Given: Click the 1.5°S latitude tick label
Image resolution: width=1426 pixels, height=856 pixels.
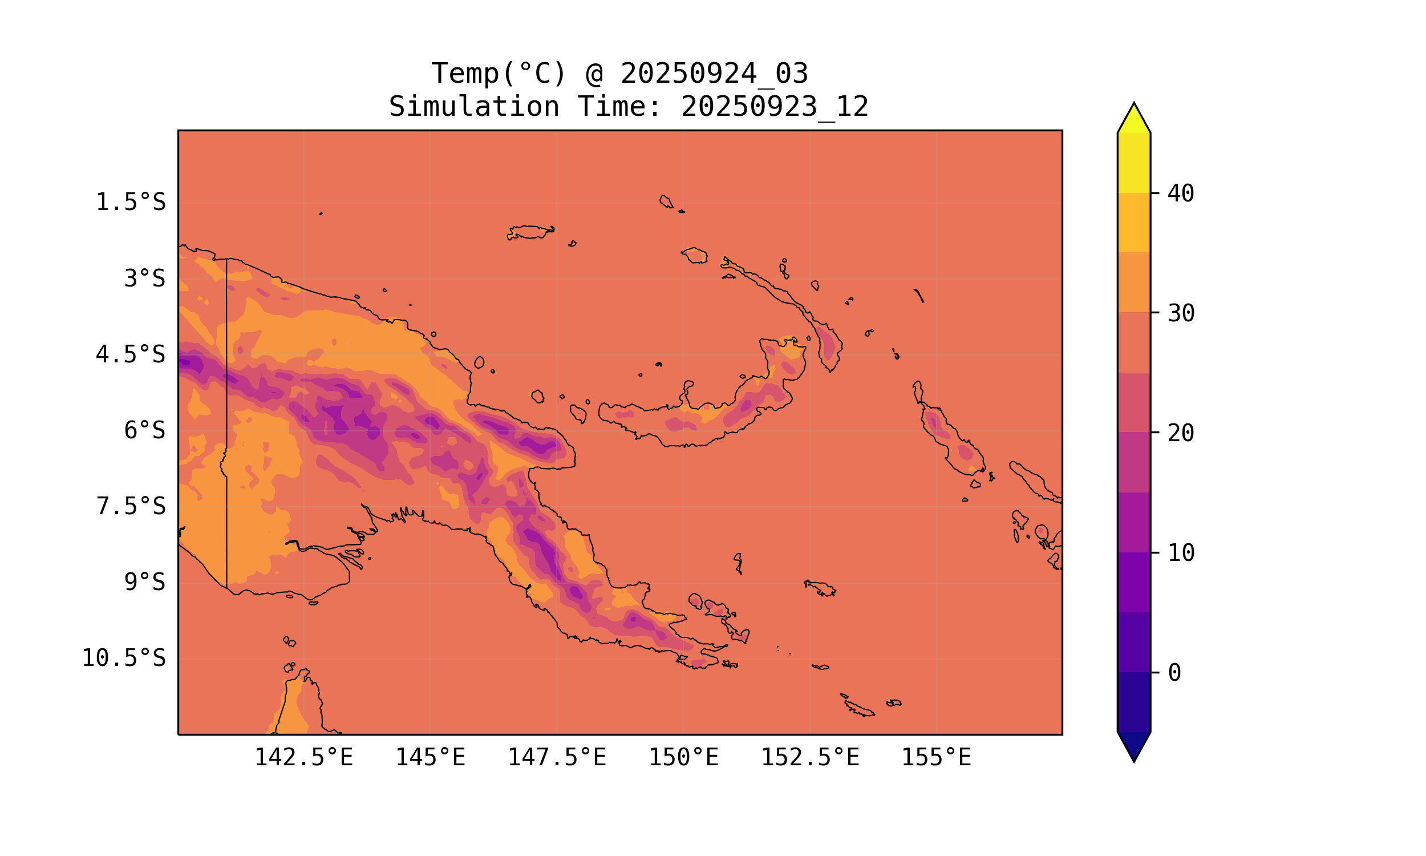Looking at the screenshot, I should click(131, 203).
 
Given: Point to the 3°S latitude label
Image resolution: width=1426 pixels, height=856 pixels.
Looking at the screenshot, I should click(145, 278).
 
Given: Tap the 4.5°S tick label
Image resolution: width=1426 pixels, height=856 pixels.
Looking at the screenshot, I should click(131, 355).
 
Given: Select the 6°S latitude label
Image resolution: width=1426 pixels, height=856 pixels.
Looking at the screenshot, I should click(145, 430).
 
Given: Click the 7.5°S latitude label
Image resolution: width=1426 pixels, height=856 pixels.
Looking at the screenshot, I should click(131, 506).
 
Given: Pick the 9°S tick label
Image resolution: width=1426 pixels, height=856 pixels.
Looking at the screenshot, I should click(145, 582).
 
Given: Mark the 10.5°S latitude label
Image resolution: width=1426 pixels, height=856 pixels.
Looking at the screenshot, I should click(124, 658).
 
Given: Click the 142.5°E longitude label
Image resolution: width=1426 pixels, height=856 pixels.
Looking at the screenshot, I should click(304, 757).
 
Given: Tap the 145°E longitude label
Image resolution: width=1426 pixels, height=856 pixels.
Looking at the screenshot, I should click(430, 757).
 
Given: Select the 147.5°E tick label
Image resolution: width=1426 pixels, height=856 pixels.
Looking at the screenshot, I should click(557, 757).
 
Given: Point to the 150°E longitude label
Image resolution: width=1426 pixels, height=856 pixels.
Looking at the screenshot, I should click(683, 757).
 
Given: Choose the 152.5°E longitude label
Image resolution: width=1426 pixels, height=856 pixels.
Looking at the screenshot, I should click(810, 757).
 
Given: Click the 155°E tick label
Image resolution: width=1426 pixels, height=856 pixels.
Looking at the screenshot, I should click(936, 757).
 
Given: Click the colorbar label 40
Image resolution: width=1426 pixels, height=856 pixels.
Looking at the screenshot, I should click(1181, 194).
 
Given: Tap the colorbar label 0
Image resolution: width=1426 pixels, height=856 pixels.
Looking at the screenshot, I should click(1174, 673).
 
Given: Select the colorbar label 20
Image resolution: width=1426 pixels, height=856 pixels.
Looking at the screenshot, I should click(1181, 433).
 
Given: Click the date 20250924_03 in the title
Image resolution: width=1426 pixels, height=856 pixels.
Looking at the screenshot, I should click(714, 74).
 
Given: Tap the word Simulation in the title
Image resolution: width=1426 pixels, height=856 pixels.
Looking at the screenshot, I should click(474, 107).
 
